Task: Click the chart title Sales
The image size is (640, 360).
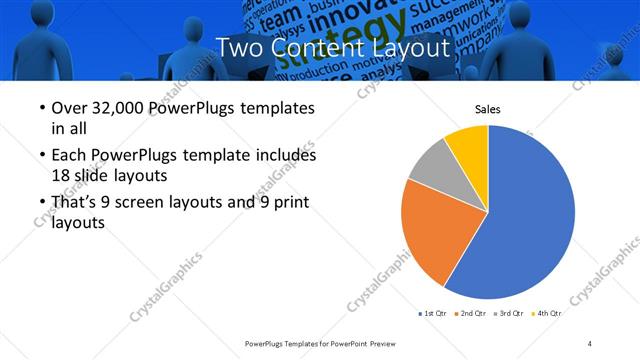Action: tap(487, 109)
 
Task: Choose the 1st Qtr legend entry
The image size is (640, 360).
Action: tap(435, 313)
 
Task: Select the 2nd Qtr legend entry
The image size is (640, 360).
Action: tap(473, 313)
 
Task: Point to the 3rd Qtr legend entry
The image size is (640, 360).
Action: tap(511, 313)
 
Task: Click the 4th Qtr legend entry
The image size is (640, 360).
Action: tap(548, 313)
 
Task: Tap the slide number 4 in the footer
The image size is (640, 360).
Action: tap(590, 343)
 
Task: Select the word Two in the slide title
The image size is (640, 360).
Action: tap(240, 46)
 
